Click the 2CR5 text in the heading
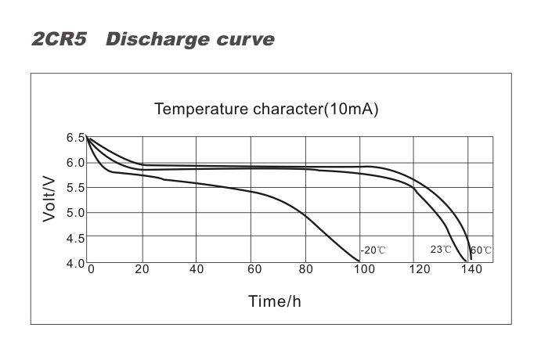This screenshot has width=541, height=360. pyautogui.click(x=59, y=39)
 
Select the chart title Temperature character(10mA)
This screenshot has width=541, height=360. pyautogui.click(x=266, y=109)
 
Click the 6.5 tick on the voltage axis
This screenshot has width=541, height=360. pyautogui.click(x=75, y=138)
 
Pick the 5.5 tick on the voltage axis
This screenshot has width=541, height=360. pyautogui.click(x=75, y=188)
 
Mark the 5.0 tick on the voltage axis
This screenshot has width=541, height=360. pyautogui.click(x=75, y=213)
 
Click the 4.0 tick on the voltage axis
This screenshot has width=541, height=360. pyautogui.click(x=75, y=263)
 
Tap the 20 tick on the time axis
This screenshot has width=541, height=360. pyautogui.click(x=142, y=269)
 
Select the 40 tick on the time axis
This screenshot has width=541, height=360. pyautogui.click(x=197, y=269)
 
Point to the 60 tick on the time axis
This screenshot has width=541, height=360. pyautogui.click(x=251, y=269)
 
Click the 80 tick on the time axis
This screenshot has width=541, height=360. pyautogui.click(x=306, y=269)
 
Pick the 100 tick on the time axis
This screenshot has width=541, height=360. pyautogui.click(x=361, y=269)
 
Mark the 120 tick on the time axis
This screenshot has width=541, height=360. pyautogui.click(x=416, y=269)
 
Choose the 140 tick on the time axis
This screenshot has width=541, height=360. pyautogui.click(x=471, y=269)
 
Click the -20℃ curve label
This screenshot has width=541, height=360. pyautogui.click(x=373, y=250)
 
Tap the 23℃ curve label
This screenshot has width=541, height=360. pyautogui.click(x=441, y=250)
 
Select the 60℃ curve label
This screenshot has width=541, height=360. pyautogui.click(x=481, y=250)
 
